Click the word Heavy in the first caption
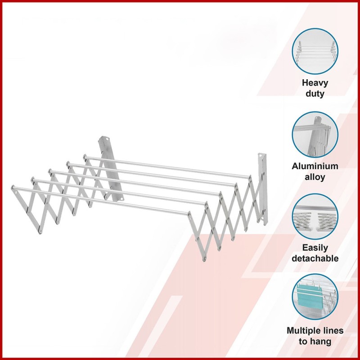pyautogui.click(x=315, y=83)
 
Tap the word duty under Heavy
pyautogui.click(x=315, y=94)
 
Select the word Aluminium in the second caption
pyautogui.click(x=315, y=166)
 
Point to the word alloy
pyautogui.click(x=315, y=177)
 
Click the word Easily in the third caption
pyautogui.click(x=315, y=248)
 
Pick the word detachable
pyautogui.click(x=315, y=258)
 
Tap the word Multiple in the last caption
pyautogui.click(x=302, y=331)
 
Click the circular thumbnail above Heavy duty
pyautogui.click(x=315, y=51)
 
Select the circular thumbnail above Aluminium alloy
pyautogui.click(x=315, y=135)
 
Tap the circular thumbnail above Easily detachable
pyautogui.click(x=315, y=217)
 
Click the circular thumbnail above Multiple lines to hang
pyautogui.click(x=315, y=297)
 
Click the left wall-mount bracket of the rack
pyautogui.click(x=110, y=169)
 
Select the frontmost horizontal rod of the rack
pyautogui.click(x=101, y=201)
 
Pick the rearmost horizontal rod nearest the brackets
pyautogui.click(x=167, y=167)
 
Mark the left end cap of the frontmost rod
pyautogui.click(x=13, y=187)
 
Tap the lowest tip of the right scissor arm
pyautogui.click(x=204, y=260)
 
